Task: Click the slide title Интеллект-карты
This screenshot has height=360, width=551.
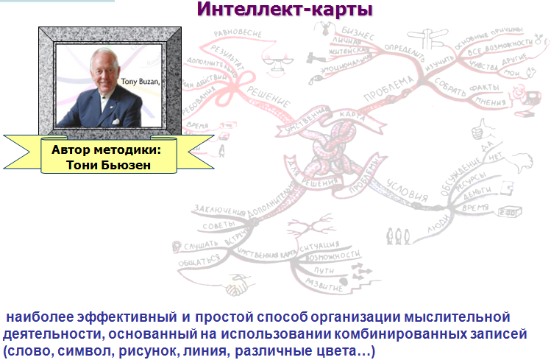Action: pyautogui.click(x=285, y=10)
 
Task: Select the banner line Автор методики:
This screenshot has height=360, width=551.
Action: pyautogui.click(x=106, y=149)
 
